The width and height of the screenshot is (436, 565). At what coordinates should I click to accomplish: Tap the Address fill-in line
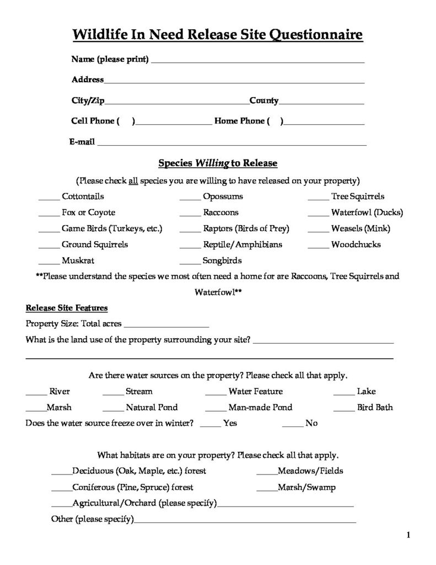click(234, 82)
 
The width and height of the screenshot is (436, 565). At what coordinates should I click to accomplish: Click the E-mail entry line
click(232, 144)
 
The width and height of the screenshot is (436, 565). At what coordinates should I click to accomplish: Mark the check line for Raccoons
click(190, 214)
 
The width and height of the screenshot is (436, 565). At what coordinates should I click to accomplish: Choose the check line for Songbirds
click(190, 263)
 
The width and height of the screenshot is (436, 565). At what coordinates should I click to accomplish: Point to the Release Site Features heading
click(67, 308)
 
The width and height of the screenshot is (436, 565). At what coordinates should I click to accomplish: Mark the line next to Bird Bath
click(343, 409)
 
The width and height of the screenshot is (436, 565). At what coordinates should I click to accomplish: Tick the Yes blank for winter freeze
click(210, 425)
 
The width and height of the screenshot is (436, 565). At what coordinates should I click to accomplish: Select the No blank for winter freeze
click(292, 425)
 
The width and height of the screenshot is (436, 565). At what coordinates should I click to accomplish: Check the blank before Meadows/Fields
click(267, 473)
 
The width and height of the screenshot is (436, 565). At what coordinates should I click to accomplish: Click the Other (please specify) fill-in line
click(245, 521)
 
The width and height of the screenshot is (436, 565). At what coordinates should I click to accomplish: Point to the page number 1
click(408, 534)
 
